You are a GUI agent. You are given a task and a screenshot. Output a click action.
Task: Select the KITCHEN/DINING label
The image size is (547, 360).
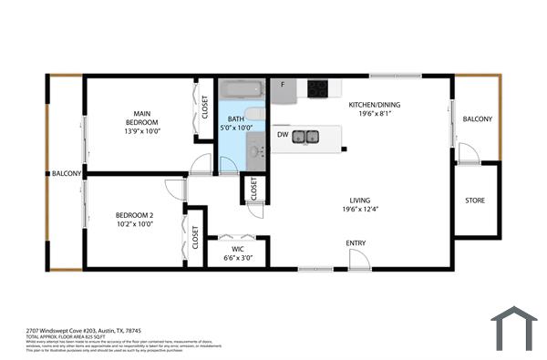coord(374,105)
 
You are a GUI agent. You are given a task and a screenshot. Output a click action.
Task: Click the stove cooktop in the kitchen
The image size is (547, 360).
coord(318,88)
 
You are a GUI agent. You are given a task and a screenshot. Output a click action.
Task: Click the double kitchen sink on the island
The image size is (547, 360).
coord(305,138)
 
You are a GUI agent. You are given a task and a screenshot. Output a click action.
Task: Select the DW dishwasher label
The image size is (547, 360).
coord(283,134)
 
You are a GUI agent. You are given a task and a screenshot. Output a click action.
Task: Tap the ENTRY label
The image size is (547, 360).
coord(356,242)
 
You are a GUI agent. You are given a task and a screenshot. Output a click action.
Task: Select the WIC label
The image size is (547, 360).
coord(237,248)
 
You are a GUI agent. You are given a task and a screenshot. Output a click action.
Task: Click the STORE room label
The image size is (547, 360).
coord(475,201)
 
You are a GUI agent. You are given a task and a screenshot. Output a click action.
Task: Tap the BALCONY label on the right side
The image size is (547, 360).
coord(477,119)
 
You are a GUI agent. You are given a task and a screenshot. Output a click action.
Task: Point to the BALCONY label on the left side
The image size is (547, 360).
coord(67,173)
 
